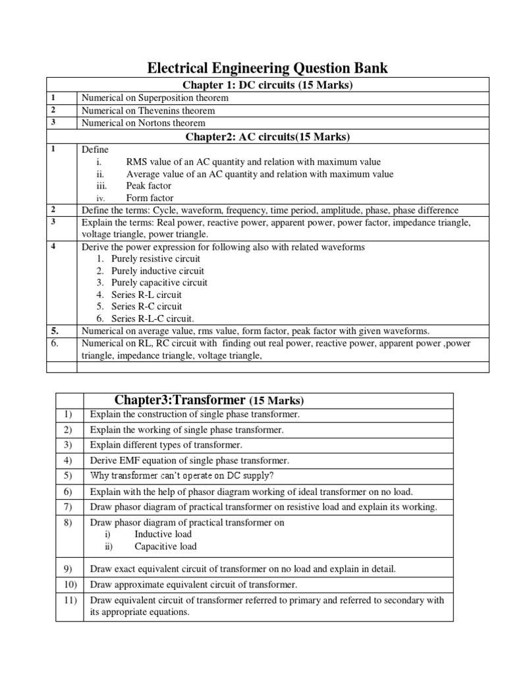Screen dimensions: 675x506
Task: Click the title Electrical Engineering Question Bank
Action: [267, 67]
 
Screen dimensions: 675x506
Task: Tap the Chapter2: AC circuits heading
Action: [267, 136]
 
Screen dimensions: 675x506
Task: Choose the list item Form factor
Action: [150, 198]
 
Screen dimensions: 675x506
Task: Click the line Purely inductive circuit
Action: [157, 271]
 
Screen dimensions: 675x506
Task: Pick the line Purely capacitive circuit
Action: [159, 283]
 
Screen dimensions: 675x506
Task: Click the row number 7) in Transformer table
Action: [68, 506]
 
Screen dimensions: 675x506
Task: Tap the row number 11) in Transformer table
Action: [68, 600]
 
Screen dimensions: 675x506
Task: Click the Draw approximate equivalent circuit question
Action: [194, 584]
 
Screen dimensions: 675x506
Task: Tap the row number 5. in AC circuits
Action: [55, 330]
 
